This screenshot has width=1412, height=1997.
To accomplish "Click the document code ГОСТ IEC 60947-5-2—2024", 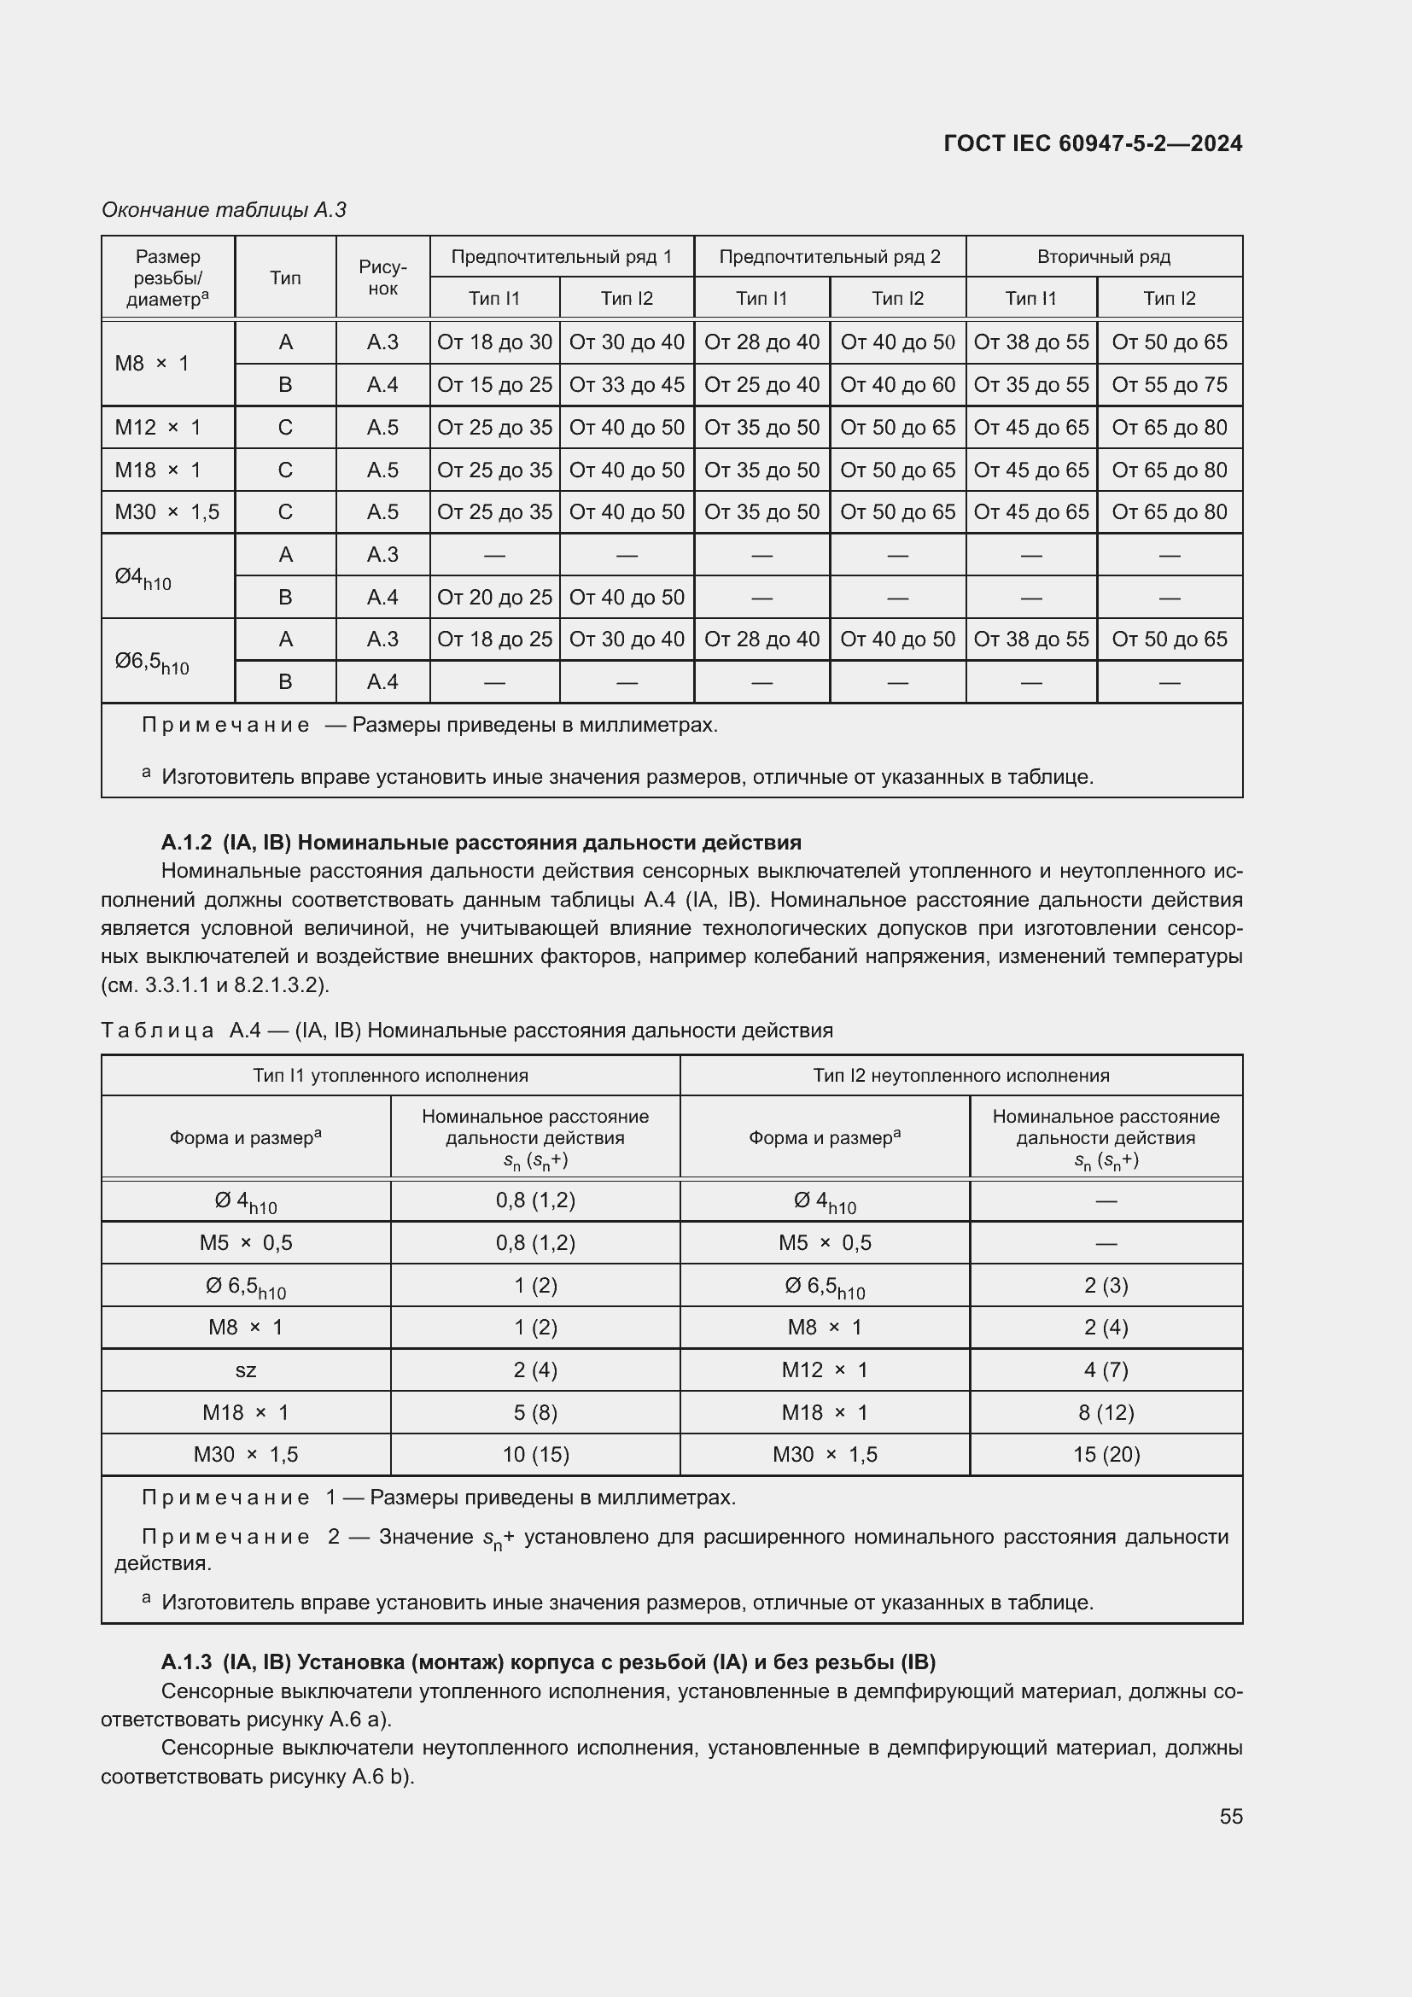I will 1092,143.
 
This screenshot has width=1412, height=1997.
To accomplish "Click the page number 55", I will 1230,1816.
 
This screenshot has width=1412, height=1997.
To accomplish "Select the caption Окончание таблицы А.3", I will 225,210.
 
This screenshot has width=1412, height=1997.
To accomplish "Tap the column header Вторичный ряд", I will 1103,257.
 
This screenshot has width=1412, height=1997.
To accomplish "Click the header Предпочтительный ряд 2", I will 830,257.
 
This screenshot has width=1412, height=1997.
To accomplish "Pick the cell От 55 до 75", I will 1169,384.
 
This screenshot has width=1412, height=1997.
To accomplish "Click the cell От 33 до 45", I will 626,384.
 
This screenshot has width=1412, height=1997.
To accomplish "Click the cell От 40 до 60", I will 897,384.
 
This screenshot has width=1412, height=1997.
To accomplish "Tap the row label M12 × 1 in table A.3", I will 158,427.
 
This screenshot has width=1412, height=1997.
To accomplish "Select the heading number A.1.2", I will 186,842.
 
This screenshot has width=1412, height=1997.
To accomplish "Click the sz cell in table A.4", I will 246,1369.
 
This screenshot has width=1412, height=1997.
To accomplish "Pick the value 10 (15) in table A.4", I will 534,1454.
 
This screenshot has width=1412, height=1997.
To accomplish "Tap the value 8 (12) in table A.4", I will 1105,1412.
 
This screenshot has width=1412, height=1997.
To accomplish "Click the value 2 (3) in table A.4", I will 1105,1286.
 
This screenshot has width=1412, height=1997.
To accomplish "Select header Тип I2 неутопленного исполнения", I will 960,1076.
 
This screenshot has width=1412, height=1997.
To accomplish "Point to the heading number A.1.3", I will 186,1662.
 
